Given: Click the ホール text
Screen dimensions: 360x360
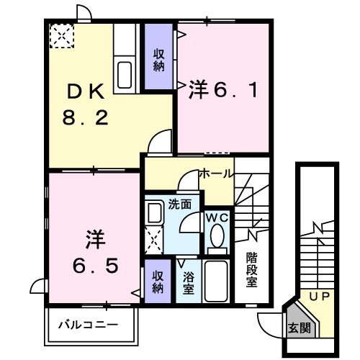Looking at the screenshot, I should click(215, 174).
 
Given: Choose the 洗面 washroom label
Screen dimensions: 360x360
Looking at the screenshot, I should click(180, 204).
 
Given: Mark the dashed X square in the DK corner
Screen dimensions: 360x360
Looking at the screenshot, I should click(60, 35).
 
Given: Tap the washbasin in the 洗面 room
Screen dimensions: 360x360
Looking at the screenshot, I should click(153, 212).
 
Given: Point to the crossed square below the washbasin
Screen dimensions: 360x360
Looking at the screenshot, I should click(153, 238).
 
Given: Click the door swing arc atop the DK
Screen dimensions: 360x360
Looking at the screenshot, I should click(85, 12).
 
